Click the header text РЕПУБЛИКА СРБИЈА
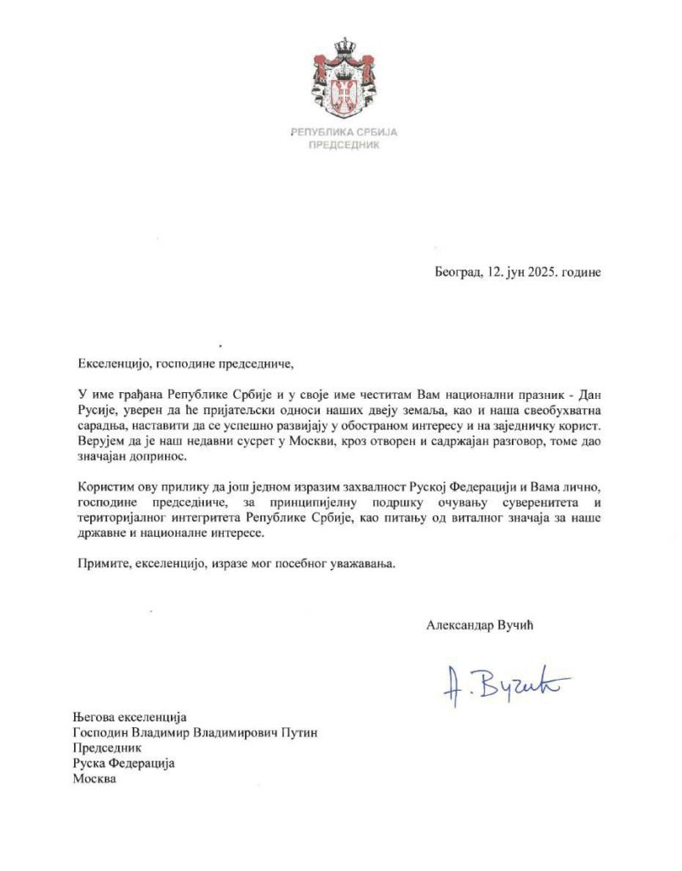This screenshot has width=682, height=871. pos(344,133)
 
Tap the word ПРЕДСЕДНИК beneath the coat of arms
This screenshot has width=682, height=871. pos(344,145)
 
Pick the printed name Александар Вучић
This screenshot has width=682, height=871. pos(483,624)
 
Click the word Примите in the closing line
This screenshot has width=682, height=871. pos(98,564)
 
